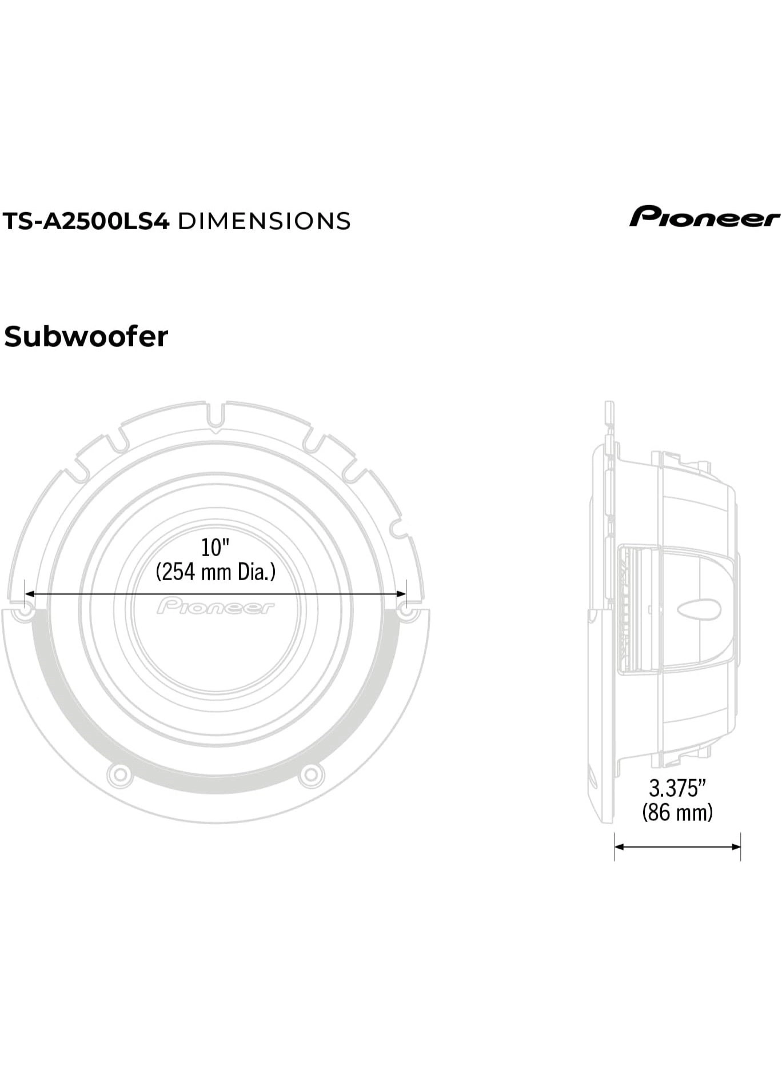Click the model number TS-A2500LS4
click(x=86, y=221)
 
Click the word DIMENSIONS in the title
click(x=264, y=221)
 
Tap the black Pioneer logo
click(x=704, y=217)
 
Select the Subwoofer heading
click(x=86, y=337)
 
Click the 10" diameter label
click(x=215, y=547)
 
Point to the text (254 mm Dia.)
click(x=216, y=572)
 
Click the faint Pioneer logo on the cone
click(x=216, y=606)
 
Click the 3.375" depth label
click(x=677, y=788)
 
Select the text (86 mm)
click(x=677, y=812)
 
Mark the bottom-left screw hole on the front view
click(x=119, y=774)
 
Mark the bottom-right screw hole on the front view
click(x=311, y=774)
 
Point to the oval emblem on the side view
click(x=699, y=609)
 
